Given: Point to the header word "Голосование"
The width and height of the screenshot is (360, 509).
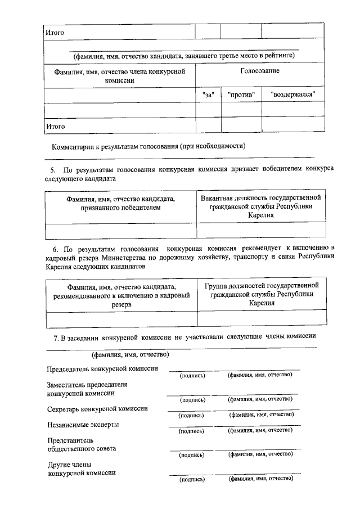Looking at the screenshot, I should tap(259, 71).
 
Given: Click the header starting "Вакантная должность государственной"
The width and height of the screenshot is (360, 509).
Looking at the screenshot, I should tap(262, 206).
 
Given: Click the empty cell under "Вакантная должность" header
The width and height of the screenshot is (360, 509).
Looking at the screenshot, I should tap(262, 230).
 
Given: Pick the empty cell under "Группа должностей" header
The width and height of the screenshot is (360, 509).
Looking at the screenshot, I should tap(262, 318).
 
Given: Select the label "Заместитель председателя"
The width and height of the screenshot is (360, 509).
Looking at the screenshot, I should tap(87, 385).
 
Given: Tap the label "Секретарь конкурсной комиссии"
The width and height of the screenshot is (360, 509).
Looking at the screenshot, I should tap(97, 409).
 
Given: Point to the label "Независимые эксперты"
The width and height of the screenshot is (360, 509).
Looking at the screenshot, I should tap(83, 425).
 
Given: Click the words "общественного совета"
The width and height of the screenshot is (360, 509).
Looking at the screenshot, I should tap(82, 449).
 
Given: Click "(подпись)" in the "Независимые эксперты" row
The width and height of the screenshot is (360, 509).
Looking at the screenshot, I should tap(191, 431).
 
